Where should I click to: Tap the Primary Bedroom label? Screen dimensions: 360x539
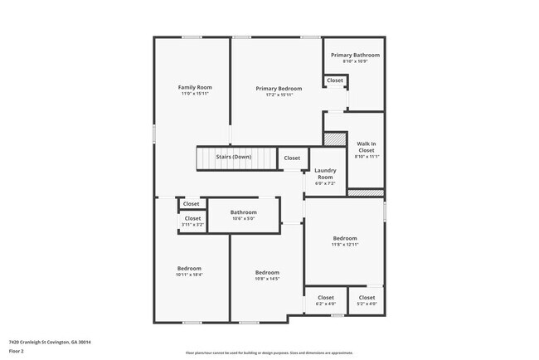(x=279, y=88)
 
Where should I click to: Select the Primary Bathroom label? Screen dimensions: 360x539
(x=355, y=55)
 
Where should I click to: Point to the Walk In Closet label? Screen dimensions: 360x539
(x=367, y=147)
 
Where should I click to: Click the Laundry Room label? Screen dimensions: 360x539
(x=324, y=173)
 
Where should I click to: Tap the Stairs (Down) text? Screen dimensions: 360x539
(x=233, y=157)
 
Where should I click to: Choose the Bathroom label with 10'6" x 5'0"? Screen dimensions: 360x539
(x=244, y=212)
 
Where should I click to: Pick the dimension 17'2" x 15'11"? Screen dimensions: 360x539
(x=279, y=95)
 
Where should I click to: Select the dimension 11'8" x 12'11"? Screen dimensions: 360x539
(x=345, y=245)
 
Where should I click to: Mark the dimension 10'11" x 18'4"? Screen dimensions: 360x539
(x=189, y=275)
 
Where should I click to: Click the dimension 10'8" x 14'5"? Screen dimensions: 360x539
(x=267, y=280)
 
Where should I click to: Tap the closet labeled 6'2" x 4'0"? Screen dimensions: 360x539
(x=326, y=304)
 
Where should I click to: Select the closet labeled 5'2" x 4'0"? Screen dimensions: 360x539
(x=367, y=304)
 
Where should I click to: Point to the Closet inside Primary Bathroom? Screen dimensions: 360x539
(x=335, y=80)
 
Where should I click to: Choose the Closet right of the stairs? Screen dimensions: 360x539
(x=292, y=158)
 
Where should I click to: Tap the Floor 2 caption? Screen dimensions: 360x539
(x=17, y=350)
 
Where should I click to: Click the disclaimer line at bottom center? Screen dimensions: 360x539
(x=269, y=353)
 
